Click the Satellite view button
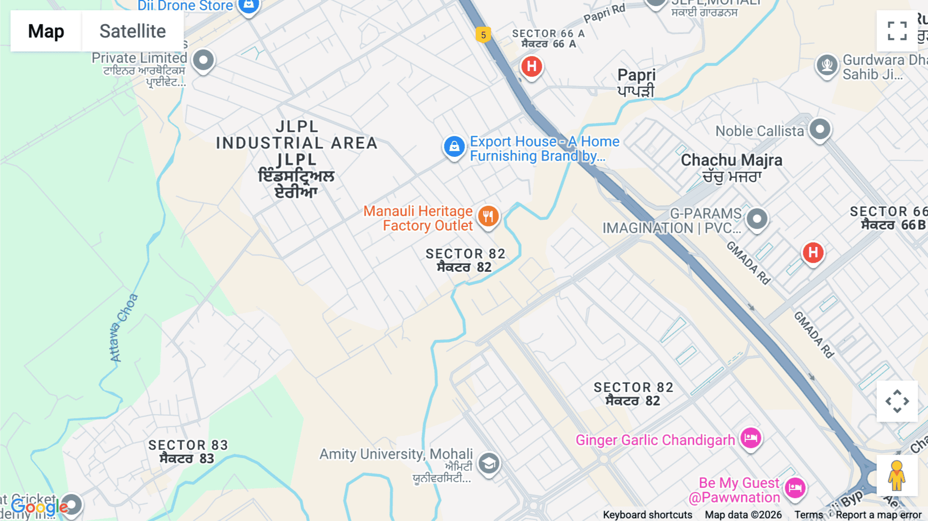point(132,31)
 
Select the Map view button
point(46,31)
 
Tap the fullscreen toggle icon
point(897,31)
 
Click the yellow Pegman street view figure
point(897,476)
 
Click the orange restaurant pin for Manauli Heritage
point(488,216)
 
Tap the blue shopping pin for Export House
point(454,146)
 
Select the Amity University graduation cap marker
point(489,463)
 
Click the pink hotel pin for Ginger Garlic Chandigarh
point(751,438)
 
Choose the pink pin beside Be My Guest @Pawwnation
point(794,487)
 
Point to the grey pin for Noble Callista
point(820,128)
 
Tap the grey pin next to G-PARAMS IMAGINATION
point(757,219)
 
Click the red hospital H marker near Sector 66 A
point(532,66)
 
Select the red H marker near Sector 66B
point(813,252)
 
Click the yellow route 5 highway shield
point(483,35)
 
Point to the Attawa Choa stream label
point(123,328)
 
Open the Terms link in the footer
point(808,515)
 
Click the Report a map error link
point(879,515)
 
